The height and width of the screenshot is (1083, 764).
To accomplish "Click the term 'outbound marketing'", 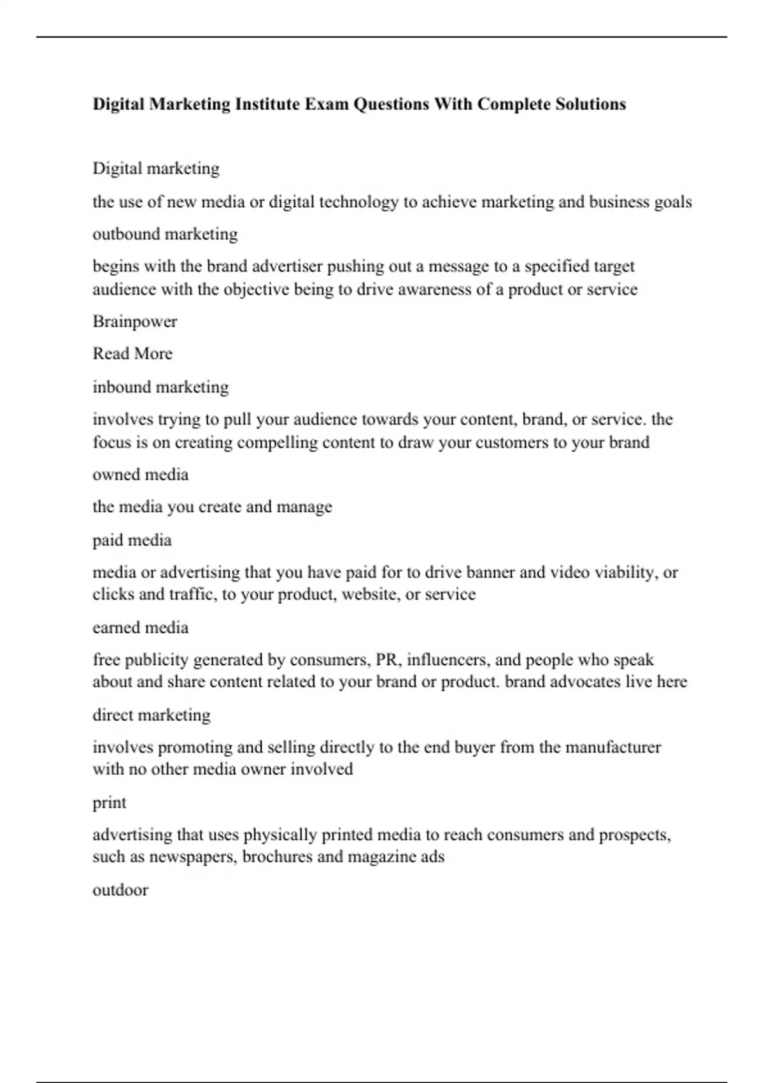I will tap(165, 234).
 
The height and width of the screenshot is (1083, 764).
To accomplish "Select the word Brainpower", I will tap(135, 321).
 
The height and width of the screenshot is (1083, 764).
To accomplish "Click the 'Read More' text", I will tap(132, 354).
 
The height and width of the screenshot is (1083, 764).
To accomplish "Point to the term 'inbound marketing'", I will tap(160, 387).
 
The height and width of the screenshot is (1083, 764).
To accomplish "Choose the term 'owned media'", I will tap(141, 475).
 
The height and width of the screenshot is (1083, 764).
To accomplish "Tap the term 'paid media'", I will tap(132, 540).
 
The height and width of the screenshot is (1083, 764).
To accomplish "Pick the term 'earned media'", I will tap(141, 628).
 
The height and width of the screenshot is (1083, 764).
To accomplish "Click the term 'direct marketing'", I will tap(152, 715).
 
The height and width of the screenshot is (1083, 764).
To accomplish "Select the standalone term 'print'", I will tap(110, 803).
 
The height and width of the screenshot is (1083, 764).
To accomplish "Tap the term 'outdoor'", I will tap(120, 890).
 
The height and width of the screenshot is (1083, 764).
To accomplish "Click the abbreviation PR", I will tap(386, 659).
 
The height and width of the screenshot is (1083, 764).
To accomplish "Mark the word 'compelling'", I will tap(277, 442).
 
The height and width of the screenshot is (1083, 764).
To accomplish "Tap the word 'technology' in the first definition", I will tap(358, 202).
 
